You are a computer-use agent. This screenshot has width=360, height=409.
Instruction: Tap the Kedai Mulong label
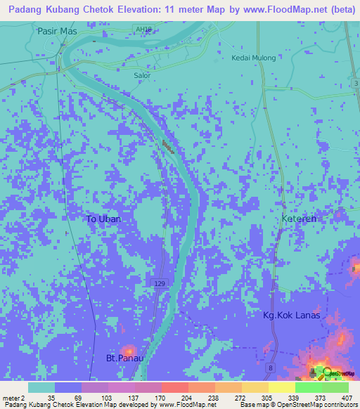click(254, 58)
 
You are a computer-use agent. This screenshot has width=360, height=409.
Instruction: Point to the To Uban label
click(104, 219)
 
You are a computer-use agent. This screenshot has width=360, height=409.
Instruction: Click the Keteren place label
click(300, 219)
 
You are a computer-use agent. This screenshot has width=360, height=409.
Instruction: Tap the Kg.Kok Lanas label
click(291, 315)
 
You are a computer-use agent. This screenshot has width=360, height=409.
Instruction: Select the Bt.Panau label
click(124, 358)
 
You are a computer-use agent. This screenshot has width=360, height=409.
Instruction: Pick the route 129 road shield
click(160, 282)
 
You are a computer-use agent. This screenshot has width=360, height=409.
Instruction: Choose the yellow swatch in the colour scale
click(281, 387)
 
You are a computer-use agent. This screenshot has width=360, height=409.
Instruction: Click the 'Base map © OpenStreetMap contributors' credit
click(297, 405)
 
